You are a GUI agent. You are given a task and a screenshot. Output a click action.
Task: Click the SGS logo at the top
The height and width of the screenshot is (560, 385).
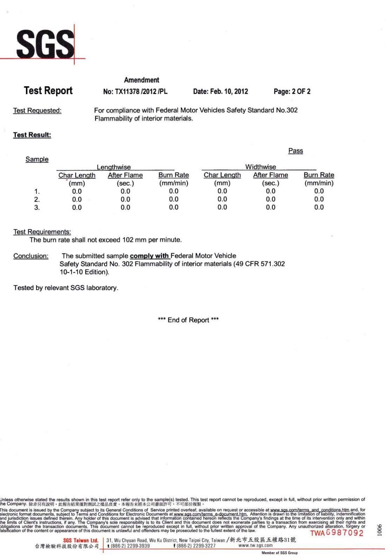(x=45, y=44)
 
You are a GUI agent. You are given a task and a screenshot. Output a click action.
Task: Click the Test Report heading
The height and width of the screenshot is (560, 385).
(x=48, y=91)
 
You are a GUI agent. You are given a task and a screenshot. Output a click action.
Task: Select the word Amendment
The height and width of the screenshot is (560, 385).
(x=141, y=80)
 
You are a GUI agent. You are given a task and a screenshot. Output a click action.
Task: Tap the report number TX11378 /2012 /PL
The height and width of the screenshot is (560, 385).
(x=135, y=92)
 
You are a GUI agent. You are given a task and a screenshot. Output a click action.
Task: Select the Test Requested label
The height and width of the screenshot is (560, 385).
(x=37, y=110)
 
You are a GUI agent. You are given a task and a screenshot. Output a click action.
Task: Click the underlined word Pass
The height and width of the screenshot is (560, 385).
(x=296, y=151)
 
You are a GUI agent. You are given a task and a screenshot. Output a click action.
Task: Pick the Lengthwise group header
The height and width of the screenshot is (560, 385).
(x=114, y=167)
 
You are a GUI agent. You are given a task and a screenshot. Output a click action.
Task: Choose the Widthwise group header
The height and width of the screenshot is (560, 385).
(x=260, y=167)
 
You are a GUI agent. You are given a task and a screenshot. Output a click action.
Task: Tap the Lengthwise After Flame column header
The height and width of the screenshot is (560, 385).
(x=125, y=175)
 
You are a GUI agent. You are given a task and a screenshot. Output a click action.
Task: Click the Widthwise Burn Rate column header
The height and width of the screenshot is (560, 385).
(x=319, y=175)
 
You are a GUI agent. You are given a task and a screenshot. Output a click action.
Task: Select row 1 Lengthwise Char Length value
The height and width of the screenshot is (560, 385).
(x=77, y=191)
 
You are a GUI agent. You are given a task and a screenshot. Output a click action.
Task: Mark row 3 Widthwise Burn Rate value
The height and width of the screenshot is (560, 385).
(x=319, y=207)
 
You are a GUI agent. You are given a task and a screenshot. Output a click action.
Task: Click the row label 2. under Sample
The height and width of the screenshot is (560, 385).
(x=37, y=199)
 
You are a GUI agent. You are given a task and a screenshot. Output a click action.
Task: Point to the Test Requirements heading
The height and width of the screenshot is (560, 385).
(x=42, y=232)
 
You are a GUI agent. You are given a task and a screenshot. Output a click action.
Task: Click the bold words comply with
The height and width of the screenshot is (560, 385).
(x=149, y=256)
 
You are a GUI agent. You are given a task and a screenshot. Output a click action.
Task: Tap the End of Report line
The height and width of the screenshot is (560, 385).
(x=188, y=320)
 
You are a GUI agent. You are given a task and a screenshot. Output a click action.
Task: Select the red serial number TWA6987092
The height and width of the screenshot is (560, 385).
(x=337, y=533)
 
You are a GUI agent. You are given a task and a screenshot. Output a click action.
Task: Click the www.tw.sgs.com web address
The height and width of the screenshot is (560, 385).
(x=255, y=545)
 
